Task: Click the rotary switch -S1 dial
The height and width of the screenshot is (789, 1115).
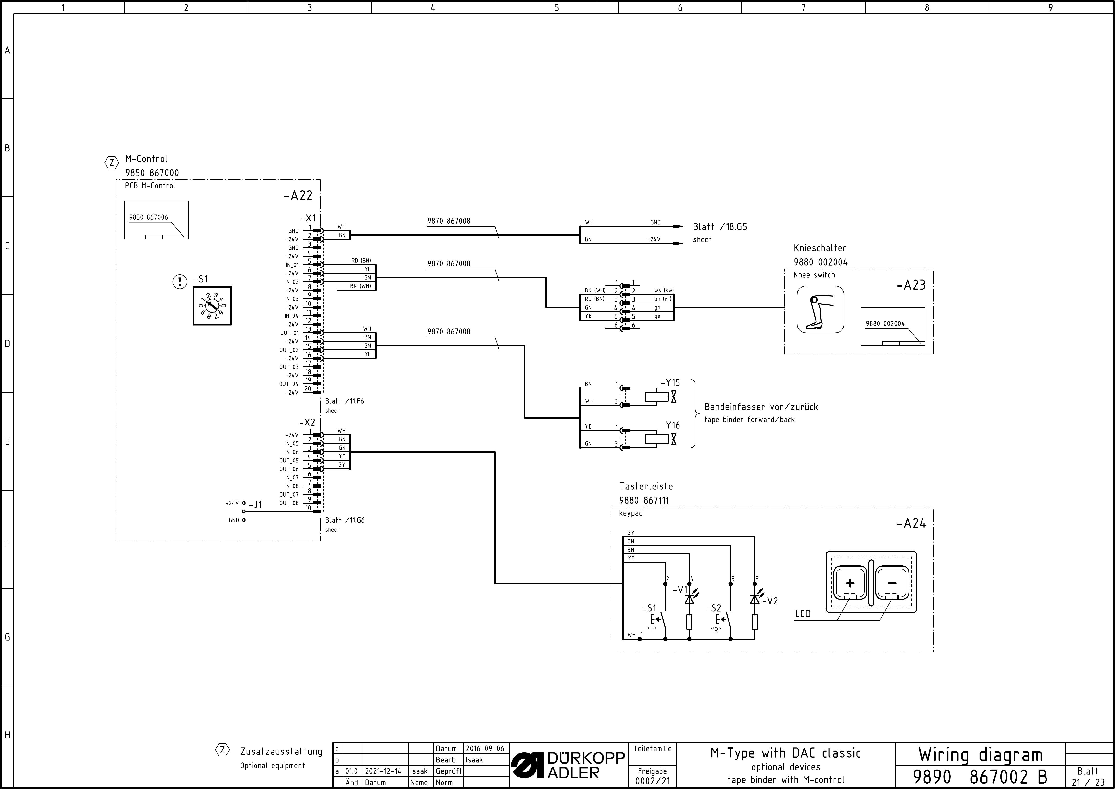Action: coord(212,306)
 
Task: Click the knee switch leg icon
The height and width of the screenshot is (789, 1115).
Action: coord(820,310)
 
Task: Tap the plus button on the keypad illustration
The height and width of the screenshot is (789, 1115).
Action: coord(850,583)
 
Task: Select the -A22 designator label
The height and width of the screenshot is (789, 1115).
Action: coord(298,196)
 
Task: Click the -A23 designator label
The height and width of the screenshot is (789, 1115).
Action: coord(911,285)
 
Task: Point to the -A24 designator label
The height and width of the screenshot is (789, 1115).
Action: coord(911,523)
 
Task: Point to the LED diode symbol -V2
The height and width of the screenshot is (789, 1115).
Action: coord(755,599)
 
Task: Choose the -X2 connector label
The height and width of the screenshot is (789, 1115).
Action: coord(308,422)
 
